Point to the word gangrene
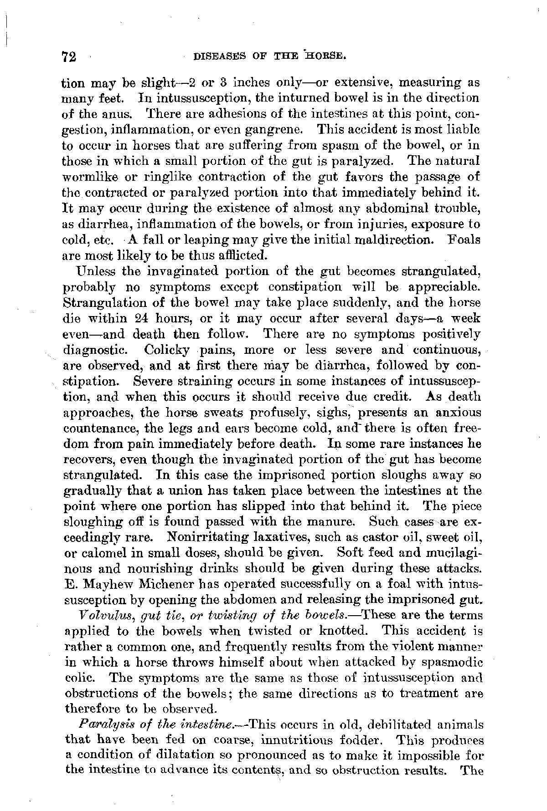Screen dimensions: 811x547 pos(277,129)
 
